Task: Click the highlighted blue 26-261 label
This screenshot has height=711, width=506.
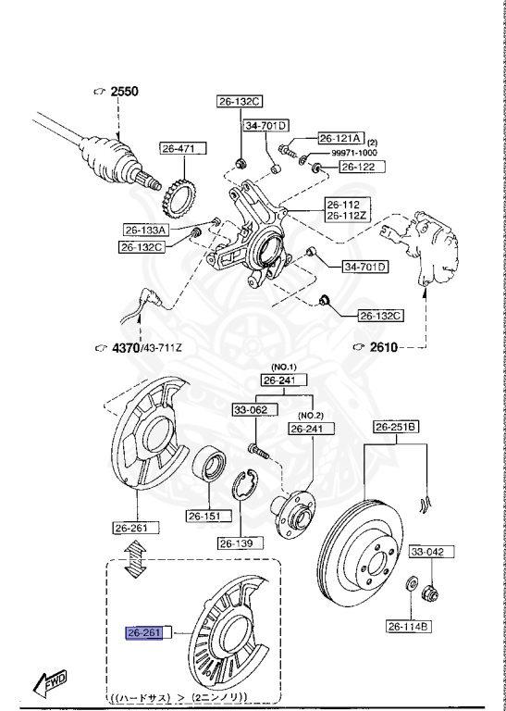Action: tap(144, 633)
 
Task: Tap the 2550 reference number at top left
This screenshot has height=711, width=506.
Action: tap(123, 92)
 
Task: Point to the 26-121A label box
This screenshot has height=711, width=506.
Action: tap(341, 136)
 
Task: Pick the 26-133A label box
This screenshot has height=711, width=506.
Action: tap(145, 230)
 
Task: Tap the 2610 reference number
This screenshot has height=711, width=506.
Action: tap(383, 347)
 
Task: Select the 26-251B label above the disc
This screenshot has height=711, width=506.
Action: tap(396, 427)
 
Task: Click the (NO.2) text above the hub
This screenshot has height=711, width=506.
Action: tap(309, 415)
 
